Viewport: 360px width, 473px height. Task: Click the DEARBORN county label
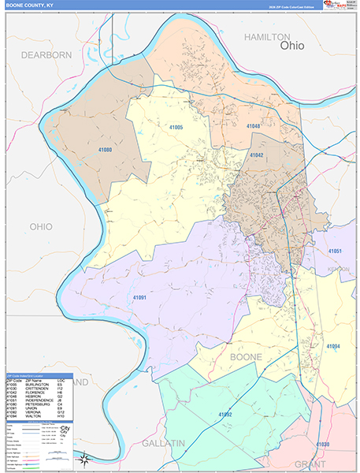pyautogui.click(x=46, y=54)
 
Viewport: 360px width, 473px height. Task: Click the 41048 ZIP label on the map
pyautogui.click(x=253, y=125)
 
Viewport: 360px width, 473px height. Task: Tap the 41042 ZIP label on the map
pyautogui.click(x=257, y=155)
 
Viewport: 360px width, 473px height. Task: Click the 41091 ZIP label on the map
pyautogui.click(x=140, y=296)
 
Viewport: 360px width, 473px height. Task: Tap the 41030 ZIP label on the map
pyautogui.click(x=322, y=445)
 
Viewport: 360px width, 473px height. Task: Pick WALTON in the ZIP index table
pyautogui.click(x=33, y=417)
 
